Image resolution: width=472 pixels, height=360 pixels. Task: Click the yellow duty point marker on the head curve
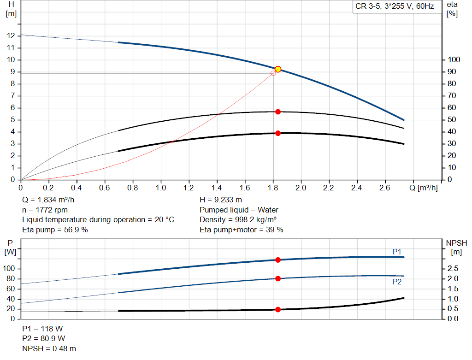[278, 69]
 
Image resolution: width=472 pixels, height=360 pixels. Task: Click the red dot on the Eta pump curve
[278, 112]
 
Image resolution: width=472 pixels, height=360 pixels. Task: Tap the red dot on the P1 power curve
[278, 260]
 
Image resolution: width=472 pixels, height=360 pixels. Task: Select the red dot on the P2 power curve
[278, 278]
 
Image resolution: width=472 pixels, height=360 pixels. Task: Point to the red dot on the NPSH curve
[278, 309]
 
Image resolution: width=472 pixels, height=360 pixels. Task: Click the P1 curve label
[397, 251]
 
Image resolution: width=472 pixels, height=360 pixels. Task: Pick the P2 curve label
[397, 282]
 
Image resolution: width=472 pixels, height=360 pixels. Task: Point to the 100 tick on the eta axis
[454, 60]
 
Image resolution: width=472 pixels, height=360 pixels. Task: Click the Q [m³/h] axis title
[424, 188]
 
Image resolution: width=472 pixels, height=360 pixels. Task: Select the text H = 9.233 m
[221, 200]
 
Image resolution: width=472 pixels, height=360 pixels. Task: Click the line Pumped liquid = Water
[239, 210]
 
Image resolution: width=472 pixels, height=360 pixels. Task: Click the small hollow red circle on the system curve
[273, 73]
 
